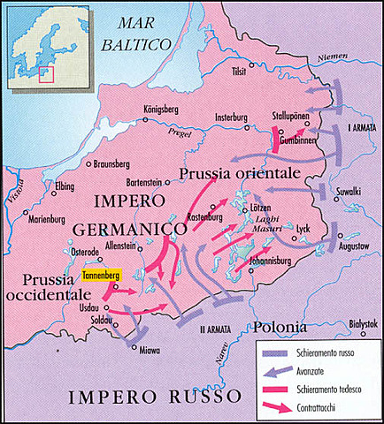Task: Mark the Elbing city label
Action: pos(65,186)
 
